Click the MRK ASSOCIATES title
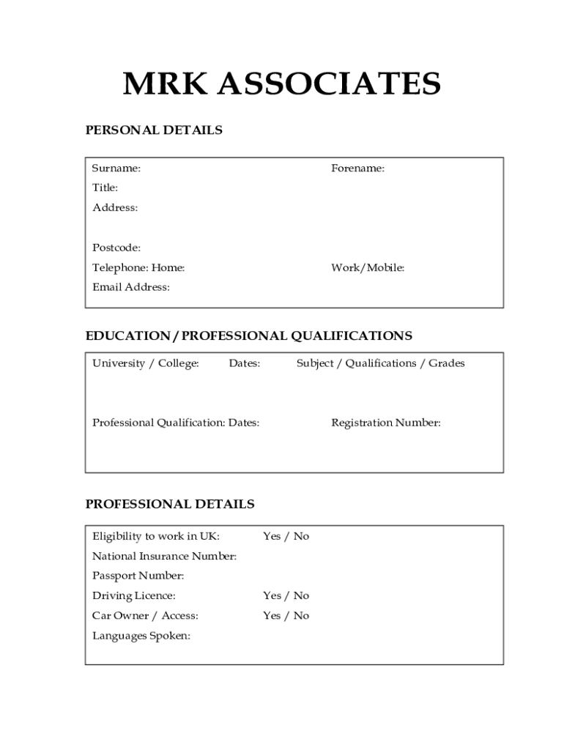pyautogui.click(x=281, y=85)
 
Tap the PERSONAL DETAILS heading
pyautogui.click(x=154, y=130)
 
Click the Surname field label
pyautogui.click(x=116, y=168)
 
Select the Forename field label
pyautogui.click(x=357, y=168)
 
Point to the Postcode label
pyautogui.click(x=116, y=248)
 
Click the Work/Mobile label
pyautogui.click(x=368, y=268)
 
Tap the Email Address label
pyautogui.click(x=131, y=287)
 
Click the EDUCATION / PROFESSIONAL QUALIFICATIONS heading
pyautogui.click(x=249, y=336)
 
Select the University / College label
pyautogui.click(x=146, y=363)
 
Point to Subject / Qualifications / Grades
pyautogui.click(x=380, y=363)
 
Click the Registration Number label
pyautogui.click(x=386, y=423)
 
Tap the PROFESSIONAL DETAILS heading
pyautogui.click(x=170, y=504)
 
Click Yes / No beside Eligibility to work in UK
pyautogui.click(x=286, y=536)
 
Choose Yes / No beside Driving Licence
pyautogui.click(x=286, y=595)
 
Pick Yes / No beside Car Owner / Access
pyautogui.click(x=286, y=615)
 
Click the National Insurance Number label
pyautogui.click(x=164, y=557)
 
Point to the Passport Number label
pyautogui.click(x=138, y=576)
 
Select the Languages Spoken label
pyautogui.click(x=141, y=636)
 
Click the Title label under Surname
pyautogui.click(x=105, y=188)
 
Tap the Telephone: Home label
pyautogui.click(x=138, y=268)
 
